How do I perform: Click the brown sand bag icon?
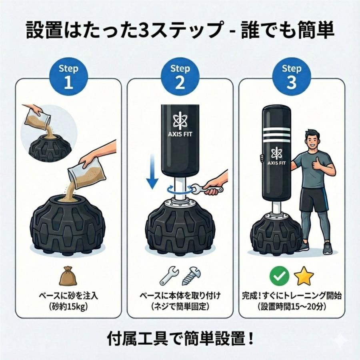point(68,276)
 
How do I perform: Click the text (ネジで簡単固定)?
point(180,307)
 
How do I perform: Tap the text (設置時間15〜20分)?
point(291,307)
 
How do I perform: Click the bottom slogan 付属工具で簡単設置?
point(180,339)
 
